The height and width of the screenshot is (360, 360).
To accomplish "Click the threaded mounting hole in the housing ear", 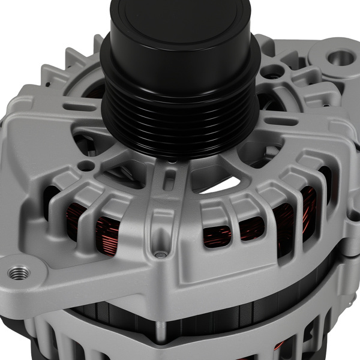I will click(19, 272).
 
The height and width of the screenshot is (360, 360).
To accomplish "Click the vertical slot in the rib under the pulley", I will click(172, 180).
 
